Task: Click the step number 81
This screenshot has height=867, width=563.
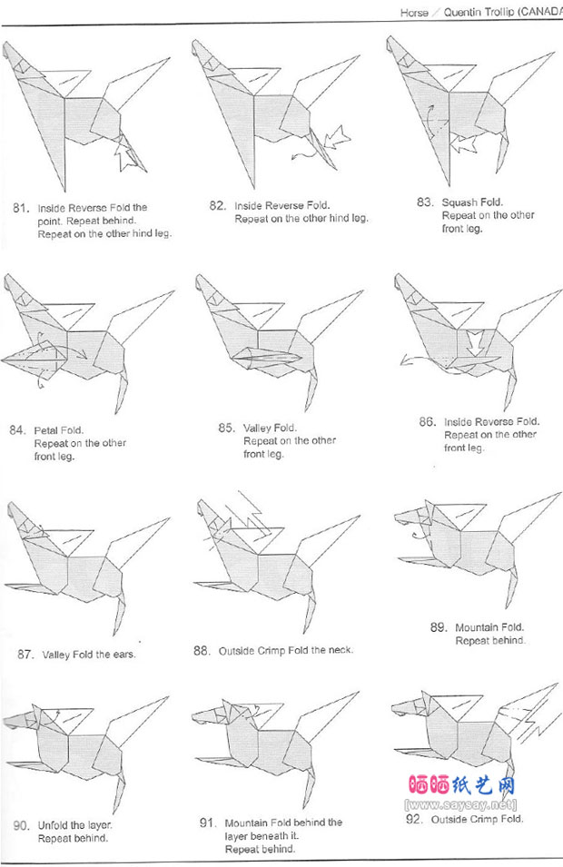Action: pos(20,208)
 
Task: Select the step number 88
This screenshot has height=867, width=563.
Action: pos(202,650)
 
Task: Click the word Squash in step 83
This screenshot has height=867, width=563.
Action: pos(459,202)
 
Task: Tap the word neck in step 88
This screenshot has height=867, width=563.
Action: pos(339,650)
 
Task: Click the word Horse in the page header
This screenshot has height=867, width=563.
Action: pos(414,13)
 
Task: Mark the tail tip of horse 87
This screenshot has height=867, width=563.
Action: pos(115,633)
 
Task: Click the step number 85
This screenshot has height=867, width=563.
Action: pos(226,428)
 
